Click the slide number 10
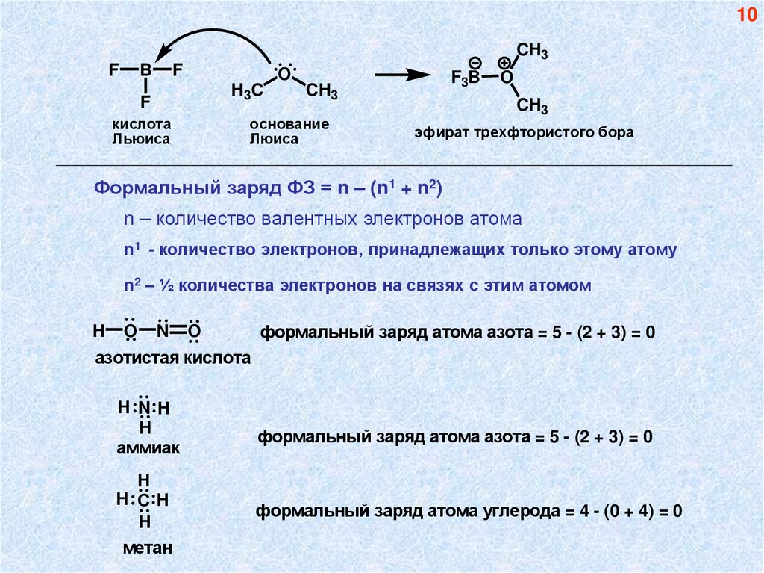(x=747, y=16)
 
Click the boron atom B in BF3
(x=146, y=71)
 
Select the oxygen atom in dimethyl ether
(x=284, y=74)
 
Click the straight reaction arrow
(x=402, y=75)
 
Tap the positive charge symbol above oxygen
(x=505, y=61)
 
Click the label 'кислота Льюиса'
(x=142, y=131)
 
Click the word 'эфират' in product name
(x=438, y=133)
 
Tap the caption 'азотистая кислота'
(x=172, y=359)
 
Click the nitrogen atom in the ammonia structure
(x=145, y=409)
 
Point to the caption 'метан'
(x=148, y=548)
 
